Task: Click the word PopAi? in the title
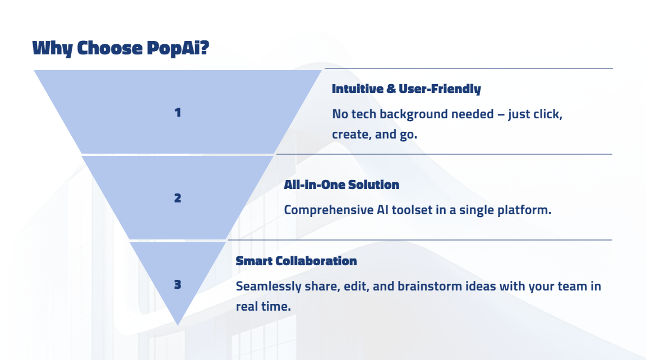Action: (178, 48)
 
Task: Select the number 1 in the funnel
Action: (178, 112)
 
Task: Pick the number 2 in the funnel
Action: (178, 198)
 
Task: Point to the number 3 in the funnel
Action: (178, 284)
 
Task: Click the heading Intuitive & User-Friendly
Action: (406, 89)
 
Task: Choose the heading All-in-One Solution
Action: (341, 184)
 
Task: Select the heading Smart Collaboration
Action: (296, 261)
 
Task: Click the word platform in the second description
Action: (526, 210)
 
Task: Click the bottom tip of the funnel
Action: (178, 324)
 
